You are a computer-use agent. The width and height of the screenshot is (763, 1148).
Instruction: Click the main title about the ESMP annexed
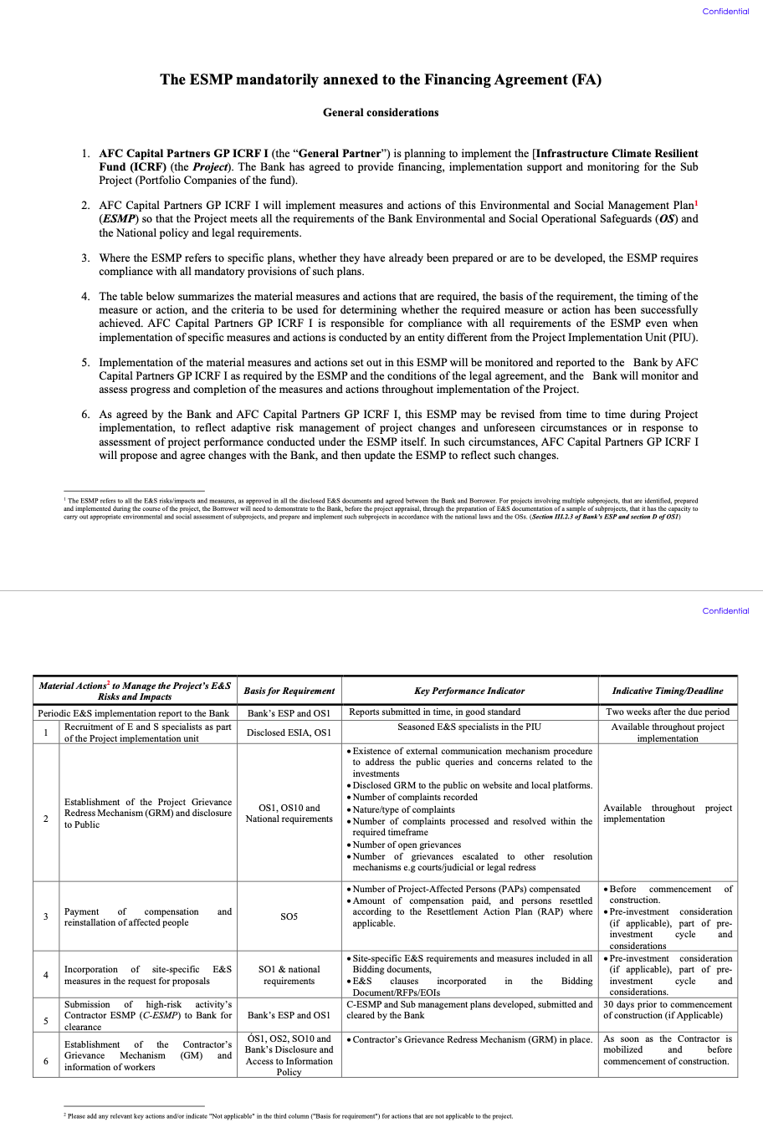pyautogui.click(x=381, y=80)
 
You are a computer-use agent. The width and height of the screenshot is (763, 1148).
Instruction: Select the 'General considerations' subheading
pyautogui.click(x=381, y=113)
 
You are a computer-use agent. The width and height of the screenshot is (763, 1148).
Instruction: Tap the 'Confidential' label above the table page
pyautogui.click(x=725, y=611)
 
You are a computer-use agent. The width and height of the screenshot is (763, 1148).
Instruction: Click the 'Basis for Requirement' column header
pyautogui.click(x=289, y=691)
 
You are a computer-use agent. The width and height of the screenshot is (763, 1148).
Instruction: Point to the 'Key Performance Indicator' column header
pyautogui.click(x=469, y=691)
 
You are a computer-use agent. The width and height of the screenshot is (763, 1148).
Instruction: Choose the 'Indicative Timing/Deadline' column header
pyautogui.click(x=668, y=691)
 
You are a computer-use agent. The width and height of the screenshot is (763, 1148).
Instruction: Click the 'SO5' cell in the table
pyautogui.click(x=289, y=917)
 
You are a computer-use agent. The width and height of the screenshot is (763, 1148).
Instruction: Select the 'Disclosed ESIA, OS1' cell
pyautogui.click(x=289, y=732)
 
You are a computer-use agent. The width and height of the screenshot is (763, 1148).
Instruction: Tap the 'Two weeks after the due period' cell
pyautogui.click(x=668, y=712)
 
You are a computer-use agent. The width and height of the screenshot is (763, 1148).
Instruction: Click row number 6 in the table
pyautogui.click(x=46, y=1061)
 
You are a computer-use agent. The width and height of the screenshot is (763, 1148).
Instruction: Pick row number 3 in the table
pyautogui.click(x=46, y=917)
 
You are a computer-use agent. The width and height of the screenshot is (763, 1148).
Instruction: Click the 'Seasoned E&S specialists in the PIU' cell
pyautogui.click(x=469, y=727)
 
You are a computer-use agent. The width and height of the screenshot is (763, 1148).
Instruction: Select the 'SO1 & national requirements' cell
pyautogui.click(x=289, y=975)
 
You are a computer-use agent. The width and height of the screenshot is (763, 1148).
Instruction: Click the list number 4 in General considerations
pyautogui.click(x=85, y=297)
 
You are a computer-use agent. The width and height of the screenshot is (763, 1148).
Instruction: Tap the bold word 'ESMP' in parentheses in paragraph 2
pyautogui.click(x=120, y=219)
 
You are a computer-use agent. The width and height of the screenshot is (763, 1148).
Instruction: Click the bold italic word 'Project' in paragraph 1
pyautogui.click(x=210, y=167)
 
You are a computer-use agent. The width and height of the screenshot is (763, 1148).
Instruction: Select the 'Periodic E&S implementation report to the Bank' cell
pyautogui.click(x=134, y=713)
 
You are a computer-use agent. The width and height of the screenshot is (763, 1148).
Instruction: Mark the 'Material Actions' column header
pyautogui.click(x=135, y=691)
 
